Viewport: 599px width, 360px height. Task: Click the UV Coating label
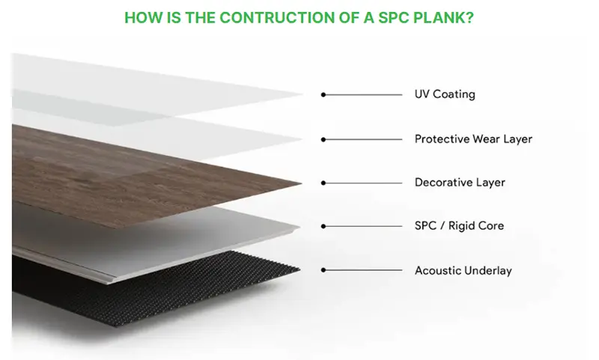point(445,94)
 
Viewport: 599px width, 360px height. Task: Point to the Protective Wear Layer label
point(473,138)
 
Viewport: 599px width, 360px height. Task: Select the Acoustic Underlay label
point(463,269)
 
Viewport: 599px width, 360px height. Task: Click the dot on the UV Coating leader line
point(323,94)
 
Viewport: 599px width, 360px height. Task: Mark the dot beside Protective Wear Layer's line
point(323,138)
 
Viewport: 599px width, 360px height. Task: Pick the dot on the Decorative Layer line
point(323,182)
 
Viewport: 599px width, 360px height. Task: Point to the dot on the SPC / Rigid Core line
point(323,225)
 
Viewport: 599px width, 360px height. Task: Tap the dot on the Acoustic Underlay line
point(323,269)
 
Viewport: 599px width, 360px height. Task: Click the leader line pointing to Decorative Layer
point(363,182)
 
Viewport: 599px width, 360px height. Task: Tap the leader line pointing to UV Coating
point(363,94)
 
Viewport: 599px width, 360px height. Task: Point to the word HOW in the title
point(140,17)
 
